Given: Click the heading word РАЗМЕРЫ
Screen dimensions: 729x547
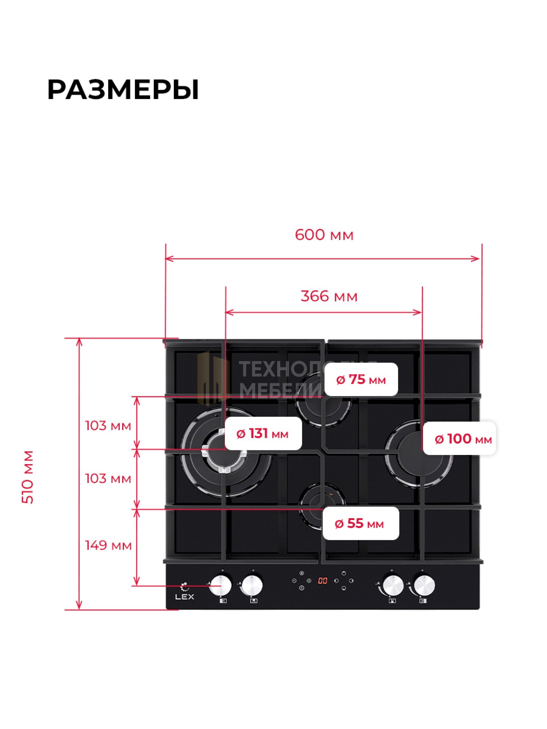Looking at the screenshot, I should click(x=123, y=90).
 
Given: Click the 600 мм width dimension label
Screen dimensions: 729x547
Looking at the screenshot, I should click(x=324, y=235).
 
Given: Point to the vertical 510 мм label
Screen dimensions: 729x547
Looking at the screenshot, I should click(x=28, y=477).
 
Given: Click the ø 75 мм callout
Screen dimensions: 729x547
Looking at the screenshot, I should click(x=361, y=380).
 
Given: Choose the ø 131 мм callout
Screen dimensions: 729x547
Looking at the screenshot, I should click(x=262, y=434).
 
